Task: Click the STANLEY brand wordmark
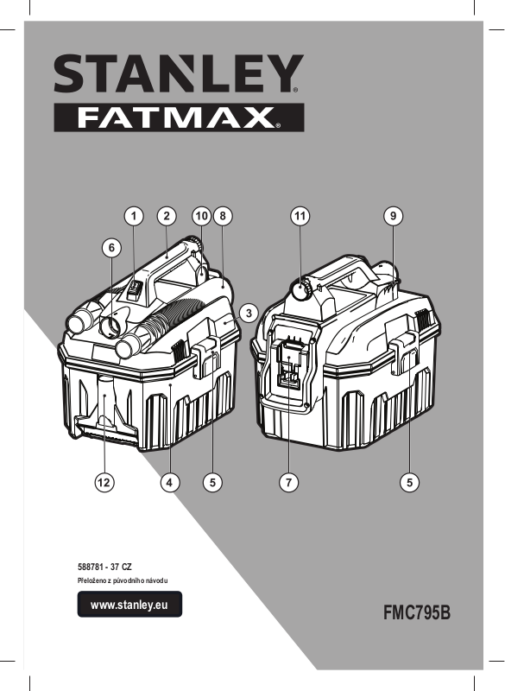pos(179,73)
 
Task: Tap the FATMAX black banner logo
pos(179,117)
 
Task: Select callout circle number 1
pos(134,216)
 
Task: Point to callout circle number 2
pos(167,216)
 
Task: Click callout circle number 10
pos(202,216)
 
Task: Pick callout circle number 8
pos(223,216)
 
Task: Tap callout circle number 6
pos(111,248)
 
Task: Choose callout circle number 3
pos(249,314)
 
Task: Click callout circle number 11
pos(300,216)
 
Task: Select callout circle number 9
pos(393,216)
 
